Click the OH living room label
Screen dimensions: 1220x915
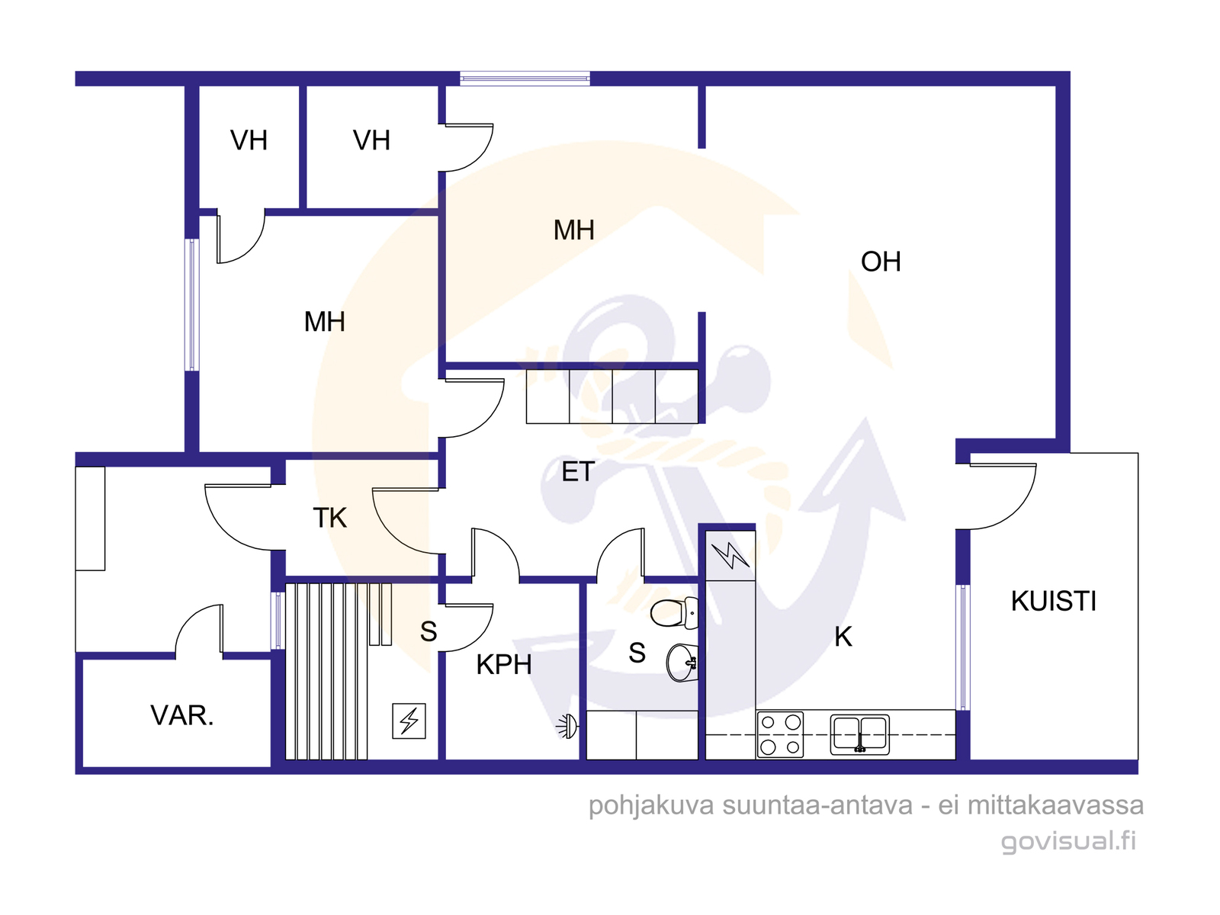pos(881,262)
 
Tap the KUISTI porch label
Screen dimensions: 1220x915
pos(1053,601)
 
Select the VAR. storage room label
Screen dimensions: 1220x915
pos(181,715)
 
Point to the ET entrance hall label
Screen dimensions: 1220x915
pos(578,472)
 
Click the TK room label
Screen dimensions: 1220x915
pos(329,518)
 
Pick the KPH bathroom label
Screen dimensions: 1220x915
pos(503,664)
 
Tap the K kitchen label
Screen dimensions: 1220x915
pos(843,637)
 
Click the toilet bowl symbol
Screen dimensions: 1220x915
pos(673,613)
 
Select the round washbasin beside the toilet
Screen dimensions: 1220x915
pos(682,662)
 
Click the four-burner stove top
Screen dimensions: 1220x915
pos(780,734)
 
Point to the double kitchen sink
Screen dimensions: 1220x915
pos(859,734)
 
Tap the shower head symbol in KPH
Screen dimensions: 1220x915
pos(568,727)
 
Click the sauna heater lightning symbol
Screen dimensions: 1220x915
pos(409,721)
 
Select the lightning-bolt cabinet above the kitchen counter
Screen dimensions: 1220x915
pos(730,556)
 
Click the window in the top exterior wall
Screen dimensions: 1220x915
pos(525,79)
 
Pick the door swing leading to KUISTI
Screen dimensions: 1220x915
pos(1000,496)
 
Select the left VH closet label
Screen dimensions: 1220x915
pos(249,140)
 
